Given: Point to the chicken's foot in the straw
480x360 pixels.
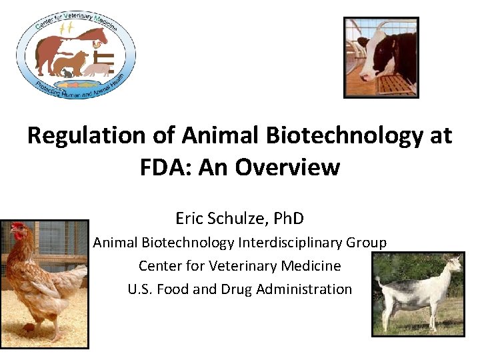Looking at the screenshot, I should click(x=31, y=328).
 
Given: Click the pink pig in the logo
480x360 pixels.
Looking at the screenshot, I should click(x=98, y=67).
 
